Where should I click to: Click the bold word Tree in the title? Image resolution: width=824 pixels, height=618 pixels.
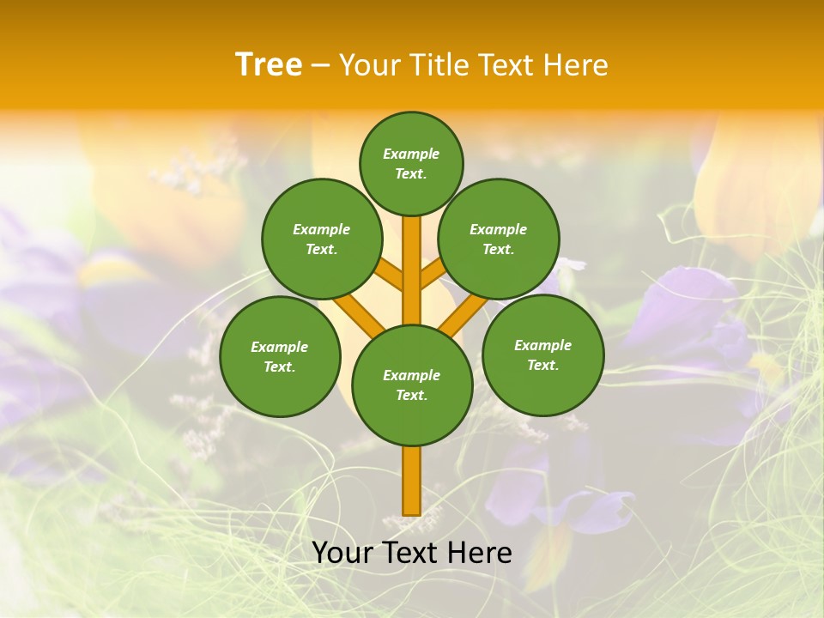[269, 65]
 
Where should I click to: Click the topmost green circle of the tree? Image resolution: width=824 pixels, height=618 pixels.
[411, 163]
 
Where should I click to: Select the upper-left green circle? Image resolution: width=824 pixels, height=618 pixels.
[322, 239]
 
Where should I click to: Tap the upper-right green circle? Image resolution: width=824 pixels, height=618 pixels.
[499, 239]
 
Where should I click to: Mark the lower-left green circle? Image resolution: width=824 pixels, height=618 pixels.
[280, 356]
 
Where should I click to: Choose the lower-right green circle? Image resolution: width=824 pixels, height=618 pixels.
[542, 354]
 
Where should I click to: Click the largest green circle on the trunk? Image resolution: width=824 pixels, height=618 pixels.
[412, 385]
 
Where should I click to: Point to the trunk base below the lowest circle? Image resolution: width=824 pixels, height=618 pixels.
[412, 481]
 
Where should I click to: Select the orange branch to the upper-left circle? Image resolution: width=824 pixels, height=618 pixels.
[389, 276]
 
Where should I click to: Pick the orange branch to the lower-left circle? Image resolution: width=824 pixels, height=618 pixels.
[359, 314]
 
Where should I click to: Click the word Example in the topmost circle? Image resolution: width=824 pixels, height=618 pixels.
[411, 154]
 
